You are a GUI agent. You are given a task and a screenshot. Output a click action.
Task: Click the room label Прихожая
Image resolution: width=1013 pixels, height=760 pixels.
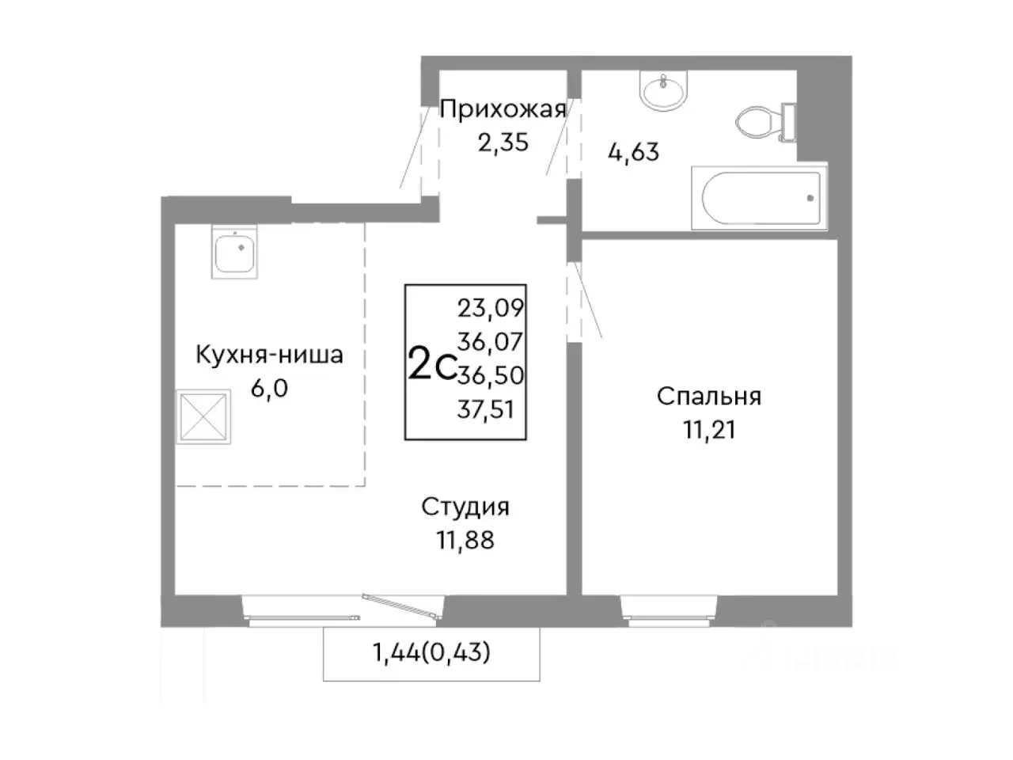pyautogui.click(x=503, y=110)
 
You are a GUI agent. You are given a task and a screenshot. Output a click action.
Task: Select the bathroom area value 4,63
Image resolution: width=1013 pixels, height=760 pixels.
pyautogui.click(x=633, y=151)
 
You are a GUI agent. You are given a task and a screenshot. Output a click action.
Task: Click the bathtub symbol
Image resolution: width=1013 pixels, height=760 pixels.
pyautogui.click(x=759, y=198)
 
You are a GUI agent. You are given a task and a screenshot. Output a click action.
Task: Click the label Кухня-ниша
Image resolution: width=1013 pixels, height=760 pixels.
pyautogui.click(x=269, y=355)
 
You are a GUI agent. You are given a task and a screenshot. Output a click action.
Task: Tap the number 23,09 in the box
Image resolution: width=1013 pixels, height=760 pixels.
pyautogui.click(x=491, y=307)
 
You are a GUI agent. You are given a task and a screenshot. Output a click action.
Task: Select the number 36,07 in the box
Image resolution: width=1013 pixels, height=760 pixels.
pyautogui.click(x=491, y=341)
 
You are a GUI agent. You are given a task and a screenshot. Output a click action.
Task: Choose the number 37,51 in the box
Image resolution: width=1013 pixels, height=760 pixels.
pyautogui.click(x=491, y=409)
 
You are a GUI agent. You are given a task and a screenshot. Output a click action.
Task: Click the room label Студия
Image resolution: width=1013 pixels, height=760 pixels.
pyautogui.click(x=465, y=507)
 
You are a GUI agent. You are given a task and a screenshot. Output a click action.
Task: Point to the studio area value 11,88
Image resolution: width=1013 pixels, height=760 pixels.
pyautogui.click(x=465, y=541)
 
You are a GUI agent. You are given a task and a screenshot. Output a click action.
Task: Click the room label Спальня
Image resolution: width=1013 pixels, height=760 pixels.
pyautogui.click(x=708, y=397)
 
